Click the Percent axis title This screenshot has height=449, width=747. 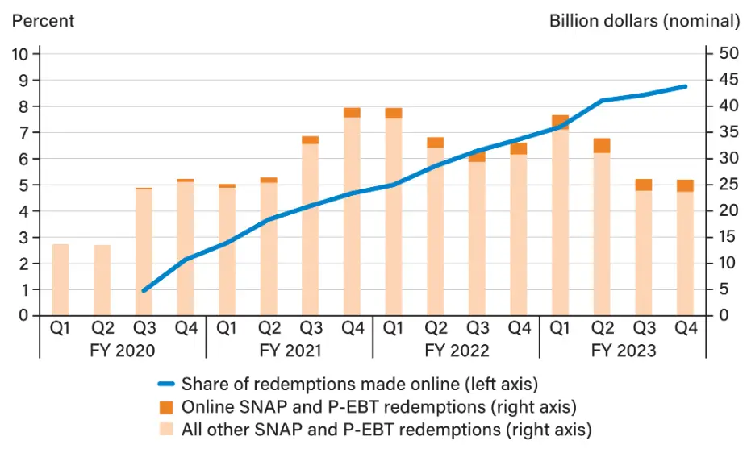coord(42,21)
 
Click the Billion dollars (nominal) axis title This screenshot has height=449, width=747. coord(644,21)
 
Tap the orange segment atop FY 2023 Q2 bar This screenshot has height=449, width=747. coord(601,146)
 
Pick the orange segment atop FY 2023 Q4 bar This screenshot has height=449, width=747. coord(684,185)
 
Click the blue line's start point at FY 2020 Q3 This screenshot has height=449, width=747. coord(144,291)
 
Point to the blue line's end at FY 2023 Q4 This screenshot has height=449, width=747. coord(686,86)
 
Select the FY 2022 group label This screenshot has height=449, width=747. coord(455,351)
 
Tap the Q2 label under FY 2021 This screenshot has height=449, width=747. coord(269,328)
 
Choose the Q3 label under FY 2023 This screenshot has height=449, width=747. coord(643,328)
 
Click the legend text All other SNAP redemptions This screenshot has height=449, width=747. coord(386,429)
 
